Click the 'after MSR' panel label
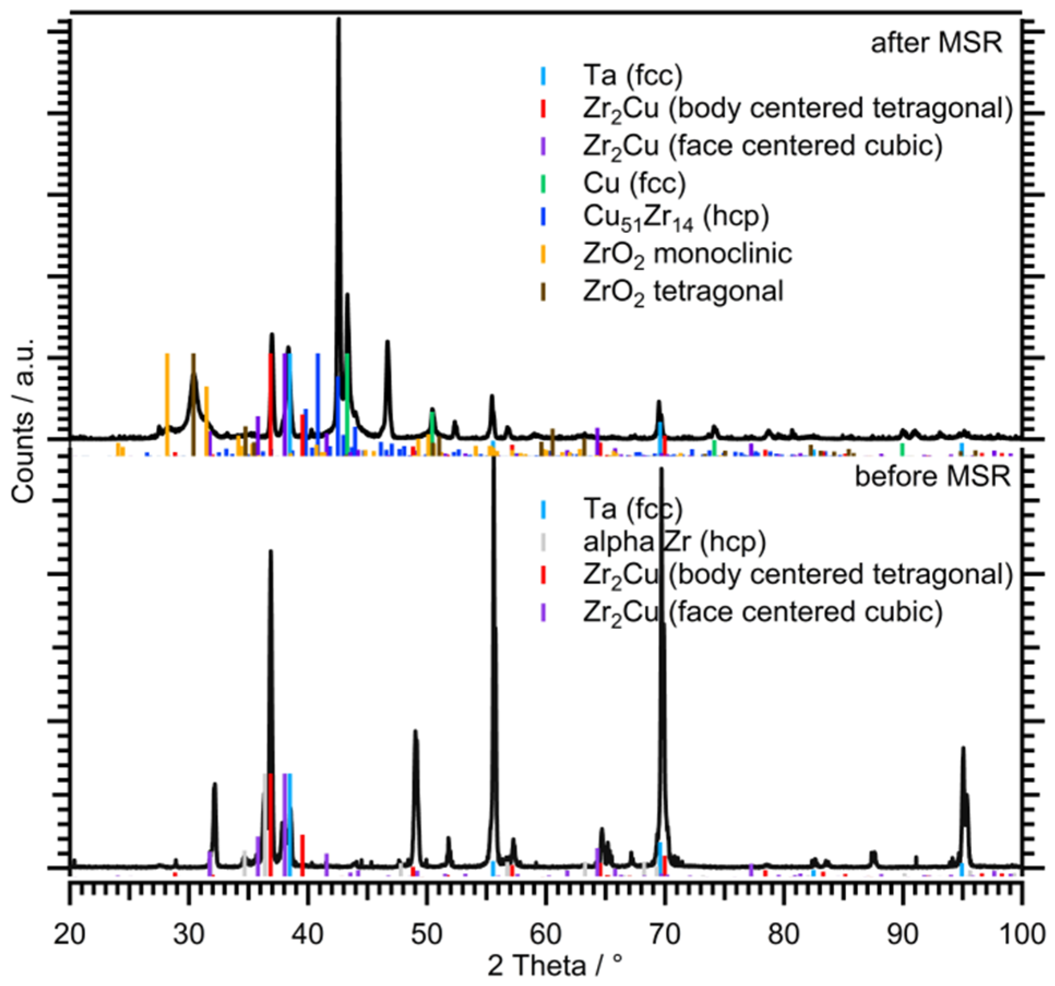tap(936, 43)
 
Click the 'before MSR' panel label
tap(932, 476)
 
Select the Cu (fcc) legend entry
tap(633, 183)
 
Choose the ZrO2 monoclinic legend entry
tap(686, 254)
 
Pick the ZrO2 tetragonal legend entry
tap(682, 291)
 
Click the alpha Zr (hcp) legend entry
tap(674, 542)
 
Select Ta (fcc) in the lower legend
tap(632, 509)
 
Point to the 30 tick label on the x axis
tap(189, 934)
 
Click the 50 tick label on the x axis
tap(427, 934)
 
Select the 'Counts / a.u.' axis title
tap(23, 420)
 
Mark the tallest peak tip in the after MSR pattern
tap(338, 21)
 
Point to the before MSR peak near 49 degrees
tap(415, 732)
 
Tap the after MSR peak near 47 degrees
tap(387, 342)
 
